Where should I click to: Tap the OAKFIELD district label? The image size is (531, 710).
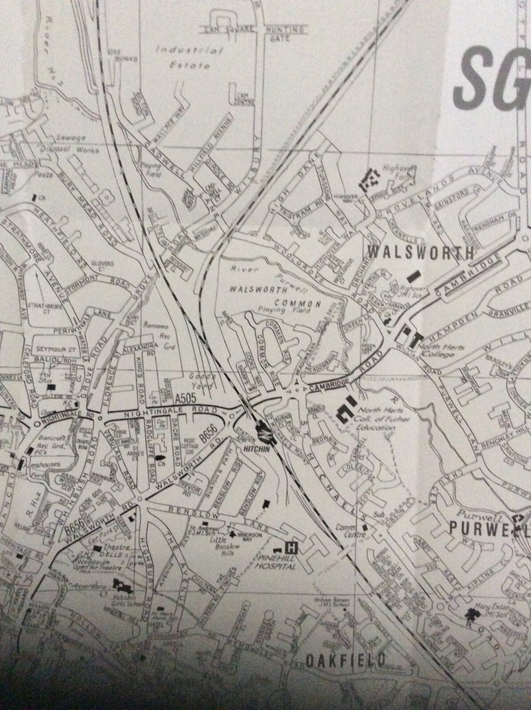[344, 660]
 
